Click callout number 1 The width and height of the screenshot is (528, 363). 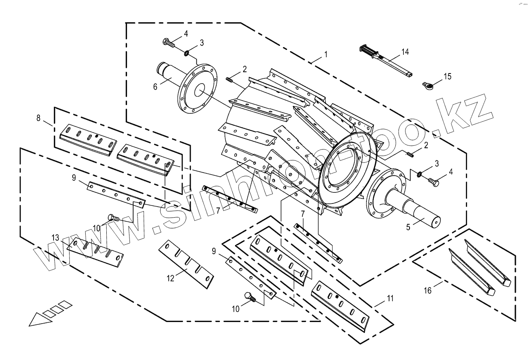[326, 54]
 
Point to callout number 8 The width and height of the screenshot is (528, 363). [39, 118]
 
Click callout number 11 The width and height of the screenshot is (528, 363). [390, 298]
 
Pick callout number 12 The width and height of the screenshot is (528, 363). [170, 278]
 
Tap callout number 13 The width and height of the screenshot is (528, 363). [55, 238]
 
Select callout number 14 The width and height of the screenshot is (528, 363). [405, 52]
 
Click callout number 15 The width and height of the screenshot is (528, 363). [447, 76]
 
